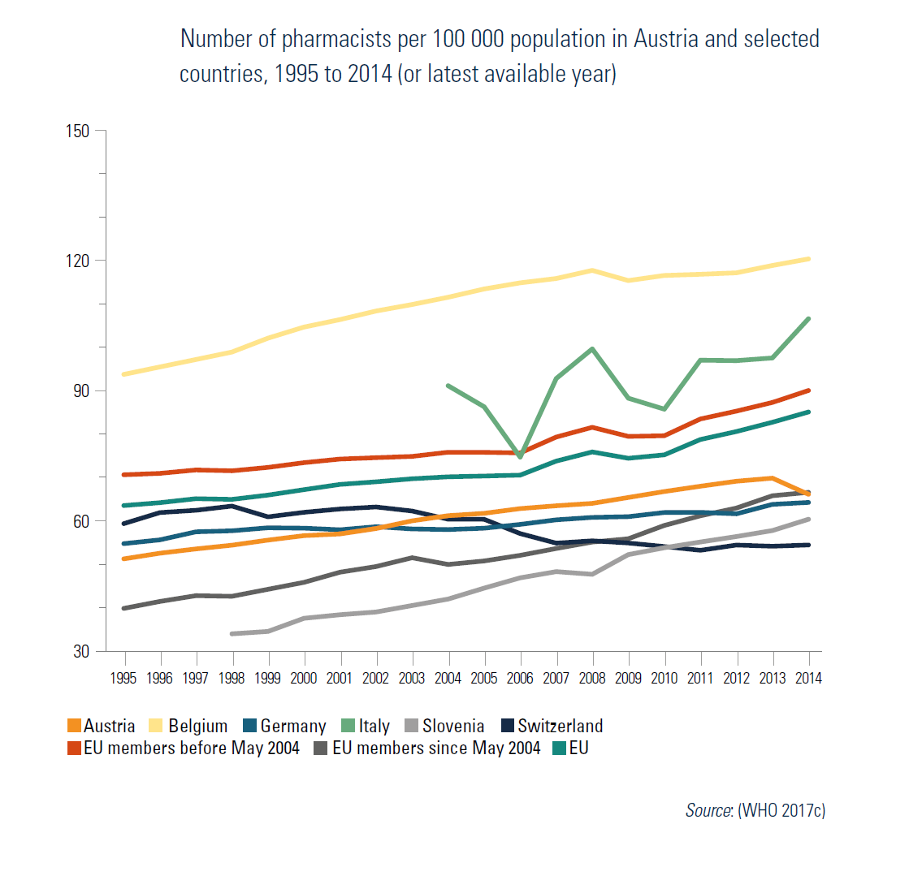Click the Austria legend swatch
(x=74, y=726)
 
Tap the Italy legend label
(x=374, y=726)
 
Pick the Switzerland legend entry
(x=560, y=726)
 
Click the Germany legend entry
(x=292, y=726)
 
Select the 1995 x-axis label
(x=123, y=679)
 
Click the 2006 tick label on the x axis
(x=520, y=679)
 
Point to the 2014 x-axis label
(x=808, y=679)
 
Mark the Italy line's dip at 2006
(x=520, y=457)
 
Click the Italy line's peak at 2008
(x=592, y=349)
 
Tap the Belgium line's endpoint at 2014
(x=808, y=259)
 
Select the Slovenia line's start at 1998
(x=232, y=633)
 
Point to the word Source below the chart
(x=708, y=810)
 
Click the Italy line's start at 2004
(x=448, y=386)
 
